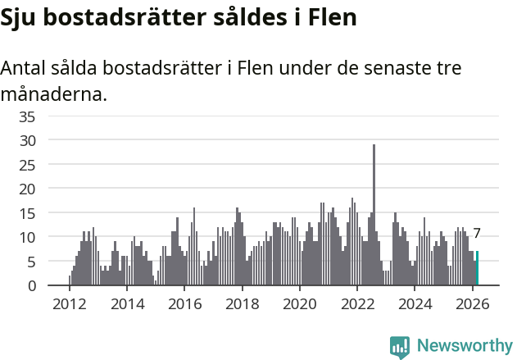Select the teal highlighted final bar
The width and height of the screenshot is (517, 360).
pos(477,269)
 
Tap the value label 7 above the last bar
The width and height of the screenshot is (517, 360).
pos(477,234)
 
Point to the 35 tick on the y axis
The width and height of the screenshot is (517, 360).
pos(27,116)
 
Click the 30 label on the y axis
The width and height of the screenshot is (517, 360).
pos(27,140)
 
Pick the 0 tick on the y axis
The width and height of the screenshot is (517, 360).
pos(31,285)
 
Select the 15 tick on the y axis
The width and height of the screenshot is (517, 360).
pos(27,213)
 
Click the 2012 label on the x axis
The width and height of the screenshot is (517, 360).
pos(69,303)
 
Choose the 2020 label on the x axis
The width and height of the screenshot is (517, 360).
pos(300,303)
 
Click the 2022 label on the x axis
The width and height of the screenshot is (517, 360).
pos(357,303)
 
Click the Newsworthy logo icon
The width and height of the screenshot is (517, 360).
pos(400,346)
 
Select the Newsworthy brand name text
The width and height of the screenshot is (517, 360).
pos(465,346)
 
